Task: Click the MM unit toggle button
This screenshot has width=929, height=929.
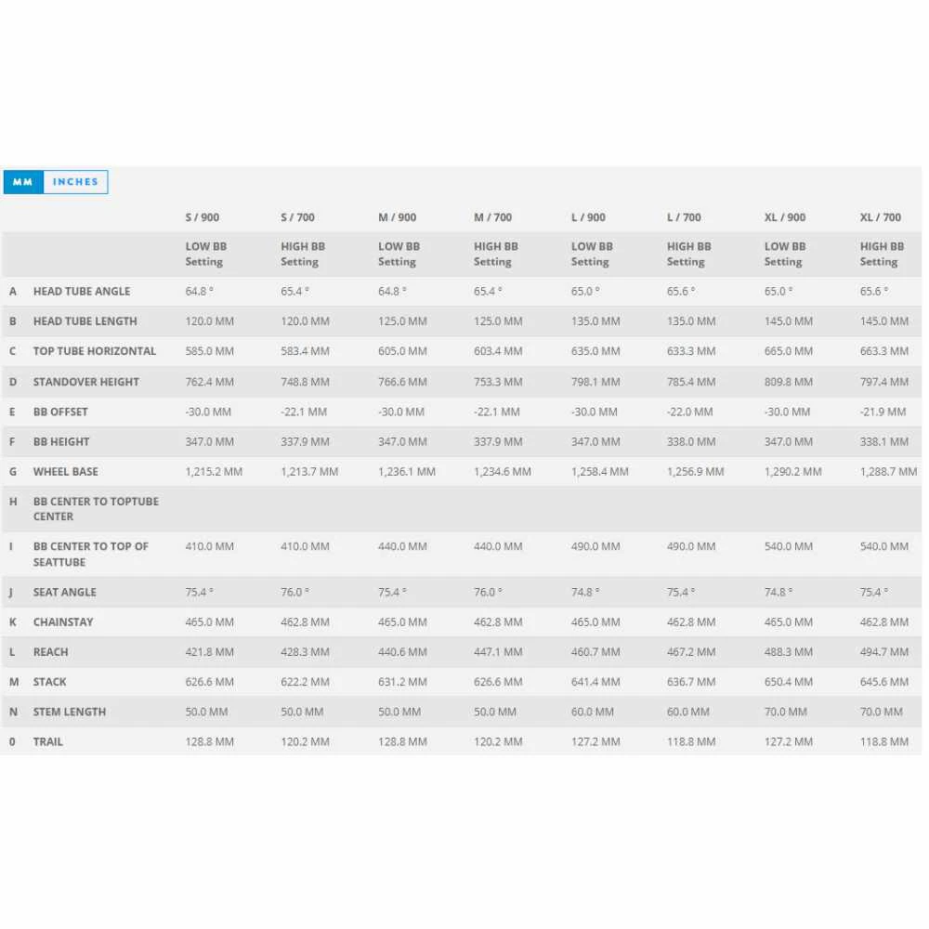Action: [23, 182]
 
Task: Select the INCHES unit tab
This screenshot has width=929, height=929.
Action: [75, 182]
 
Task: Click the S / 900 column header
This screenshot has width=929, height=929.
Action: [203, 217]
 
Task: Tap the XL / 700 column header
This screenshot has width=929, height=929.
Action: [880, 217]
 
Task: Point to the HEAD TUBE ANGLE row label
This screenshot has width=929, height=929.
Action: [82, 292]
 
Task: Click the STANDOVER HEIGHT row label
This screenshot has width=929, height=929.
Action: [86, 382]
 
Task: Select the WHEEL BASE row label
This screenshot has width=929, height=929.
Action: [66, 472]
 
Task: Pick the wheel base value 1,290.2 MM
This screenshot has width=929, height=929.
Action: [792, 472]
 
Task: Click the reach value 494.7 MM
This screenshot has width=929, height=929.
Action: [884, 652]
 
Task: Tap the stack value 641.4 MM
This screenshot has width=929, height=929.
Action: [595, 682]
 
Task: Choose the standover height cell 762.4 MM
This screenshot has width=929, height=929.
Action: [210, 382]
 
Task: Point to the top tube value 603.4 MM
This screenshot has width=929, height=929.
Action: [498, 351]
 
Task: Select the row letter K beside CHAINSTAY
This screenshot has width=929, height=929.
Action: [13, 622]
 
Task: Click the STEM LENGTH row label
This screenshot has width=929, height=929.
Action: [70, 713]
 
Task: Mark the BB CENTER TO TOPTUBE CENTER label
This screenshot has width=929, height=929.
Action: [96, 509]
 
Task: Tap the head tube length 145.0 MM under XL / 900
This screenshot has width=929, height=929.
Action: [789, 321]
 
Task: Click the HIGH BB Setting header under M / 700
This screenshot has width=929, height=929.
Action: [496, 254]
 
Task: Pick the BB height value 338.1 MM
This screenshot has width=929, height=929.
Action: [884, 442]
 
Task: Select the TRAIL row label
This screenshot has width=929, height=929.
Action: [48, 742]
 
